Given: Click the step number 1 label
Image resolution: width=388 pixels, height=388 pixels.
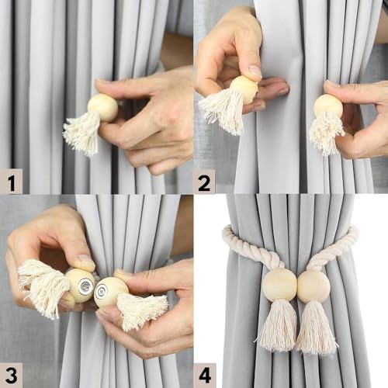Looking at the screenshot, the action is pos(12,183).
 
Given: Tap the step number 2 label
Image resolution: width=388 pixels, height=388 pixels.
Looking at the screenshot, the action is pos(204,183).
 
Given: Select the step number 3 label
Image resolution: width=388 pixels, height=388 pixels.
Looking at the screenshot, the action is pos(11,375).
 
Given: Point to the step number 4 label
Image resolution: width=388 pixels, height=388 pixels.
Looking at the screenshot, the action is pos(205,375).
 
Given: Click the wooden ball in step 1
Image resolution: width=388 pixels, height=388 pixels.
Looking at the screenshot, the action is pos(102,107).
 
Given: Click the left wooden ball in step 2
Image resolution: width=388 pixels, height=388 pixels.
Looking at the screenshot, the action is pos(244,89).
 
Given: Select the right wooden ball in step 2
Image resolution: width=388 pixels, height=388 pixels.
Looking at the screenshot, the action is pos(328,107).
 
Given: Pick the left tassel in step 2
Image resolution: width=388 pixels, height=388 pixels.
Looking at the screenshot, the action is pos(223,110).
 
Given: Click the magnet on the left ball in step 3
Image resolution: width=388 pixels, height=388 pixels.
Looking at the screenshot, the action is pos(86,286).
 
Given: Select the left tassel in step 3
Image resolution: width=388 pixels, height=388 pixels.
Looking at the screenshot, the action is pos(43,287).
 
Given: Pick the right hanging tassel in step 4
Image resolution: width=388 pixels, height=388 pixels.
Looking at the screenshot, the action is pos(317,328).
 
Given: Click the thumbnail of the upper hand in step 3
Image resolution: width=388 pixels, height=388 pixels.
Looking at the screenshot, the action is pos(84,262).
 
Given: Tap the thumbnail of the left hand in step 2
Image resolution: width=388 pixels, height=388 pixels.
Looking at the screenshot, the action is pos(254,72).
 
